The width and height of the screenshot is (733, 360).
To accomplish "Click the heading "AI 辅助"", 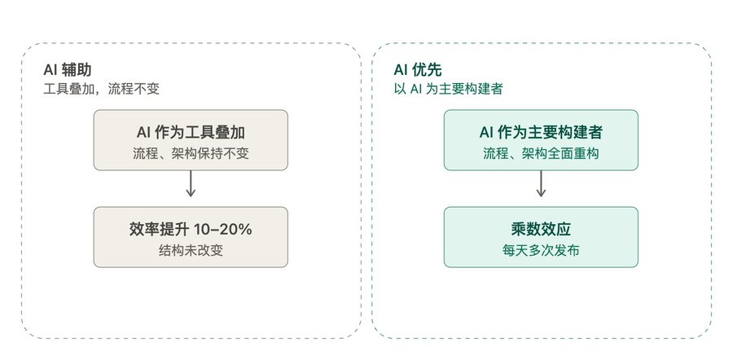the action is [68, 70].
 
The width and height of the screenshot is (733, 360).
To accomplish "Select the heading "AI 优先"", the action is [418, 70].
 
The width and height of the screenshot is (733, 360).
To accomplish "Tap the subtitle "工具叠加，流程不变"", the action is [102, 89].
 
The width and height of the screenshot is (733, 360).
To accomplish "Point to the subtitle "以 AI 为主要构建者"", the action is [448, 89].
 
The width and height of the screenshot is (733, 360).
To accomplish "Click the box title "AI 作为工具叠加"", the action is [191, 132].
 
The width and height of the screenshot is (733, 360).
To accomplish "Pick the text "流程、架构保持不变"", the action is [191, 154].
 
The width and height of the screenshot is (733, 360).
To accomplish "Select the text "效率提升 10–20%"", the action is [191, 229].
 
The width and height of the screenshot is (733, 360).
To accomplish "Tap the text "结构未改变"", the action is [191, 251].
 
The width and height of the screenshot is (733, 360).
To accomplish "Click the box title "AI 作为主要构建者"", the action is [541, 132].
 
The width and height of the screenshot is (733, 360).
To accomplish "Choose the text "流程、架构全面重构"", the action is [541, 154].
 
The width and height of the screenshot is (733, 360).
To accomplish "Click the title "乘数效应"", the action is [541, 229].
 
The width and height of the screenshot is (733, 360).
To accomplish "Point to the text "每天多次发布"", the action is [541, 251].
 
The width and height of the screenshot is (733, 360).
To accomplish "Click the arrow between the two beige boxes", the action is [191, 184].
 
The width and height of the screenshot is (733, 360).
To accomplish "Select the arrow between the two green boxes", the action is [541, 184].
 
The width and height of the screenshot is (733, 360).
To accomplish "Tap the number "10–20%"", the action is [223, 229].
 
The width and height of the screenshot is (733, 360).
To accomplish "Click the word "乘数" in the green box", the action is [526, 229].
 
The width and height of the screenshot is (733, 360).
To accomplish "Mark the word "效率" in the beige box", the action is [143, 229].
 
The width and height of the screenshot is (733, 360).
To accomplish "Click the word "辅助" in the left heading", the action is [77, 70].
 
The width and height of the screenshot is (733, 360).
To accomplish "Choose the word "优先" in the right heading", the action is [427, 70].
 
